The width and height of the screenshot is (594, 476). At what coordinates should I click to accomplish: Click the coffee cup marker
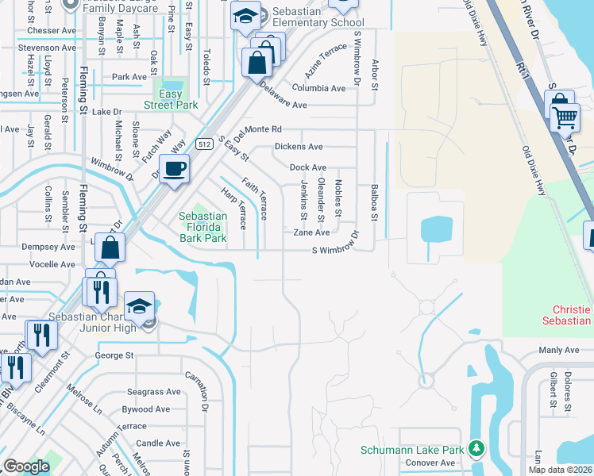click(174, 168)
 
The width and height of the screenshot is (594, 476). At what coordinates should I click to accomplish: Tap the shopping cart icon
click(565, 117)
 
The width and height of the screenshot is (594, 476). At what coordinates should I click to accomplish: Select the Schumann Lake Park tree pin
click(476, 449)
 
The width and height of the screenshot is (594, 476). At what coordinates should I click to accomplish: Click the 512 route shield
click(205, 144)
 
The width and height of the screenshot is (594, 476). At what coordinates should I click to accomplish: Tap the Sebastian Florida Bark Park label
click(202, 227)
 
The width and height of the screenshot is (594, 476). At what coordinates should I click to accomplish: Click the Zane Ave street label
click(311, 233)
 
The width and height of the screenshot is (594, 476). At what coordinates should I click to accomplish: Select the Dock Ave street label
click(308, 168)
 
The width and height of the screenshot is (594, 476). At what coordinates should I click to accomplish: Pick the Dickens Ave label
click(299, 147)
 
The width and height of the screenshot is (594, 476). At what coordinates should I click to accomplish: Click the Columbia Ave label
click(318, 88)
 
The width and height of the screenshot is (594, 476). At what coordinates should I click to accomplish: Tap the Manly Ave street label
click(560, 350)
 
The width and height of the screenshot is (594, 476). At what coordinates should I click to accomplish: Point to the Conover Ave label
click(430, 463)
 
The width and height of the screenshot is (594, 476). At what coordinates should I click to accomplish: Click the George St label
click(114, 355)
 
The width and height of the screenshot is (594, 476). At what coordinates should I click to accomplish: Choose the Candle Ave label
click(158, 443)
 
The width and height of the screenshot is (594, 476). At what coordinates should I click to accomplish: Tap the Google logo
click(26, 466)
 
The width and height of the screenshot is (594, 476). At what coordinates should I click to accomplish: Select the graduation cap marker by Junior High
click(139, 307)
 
